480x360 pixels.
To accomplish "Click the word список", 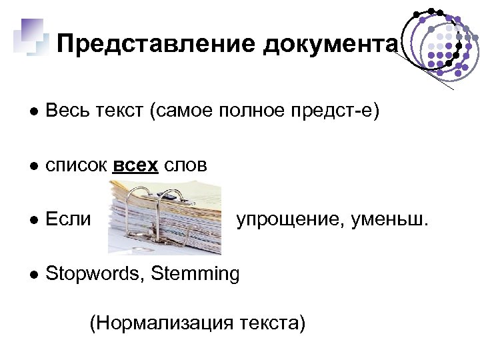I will [x=77, y=165].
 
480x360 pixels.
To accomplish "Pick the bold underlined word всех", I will [x=135, y=165].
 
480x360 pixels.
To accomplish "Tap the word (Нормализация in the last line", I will [x=159, y=323].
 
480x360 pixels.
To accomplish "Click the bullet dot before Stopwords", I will [x=32, y=273].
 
